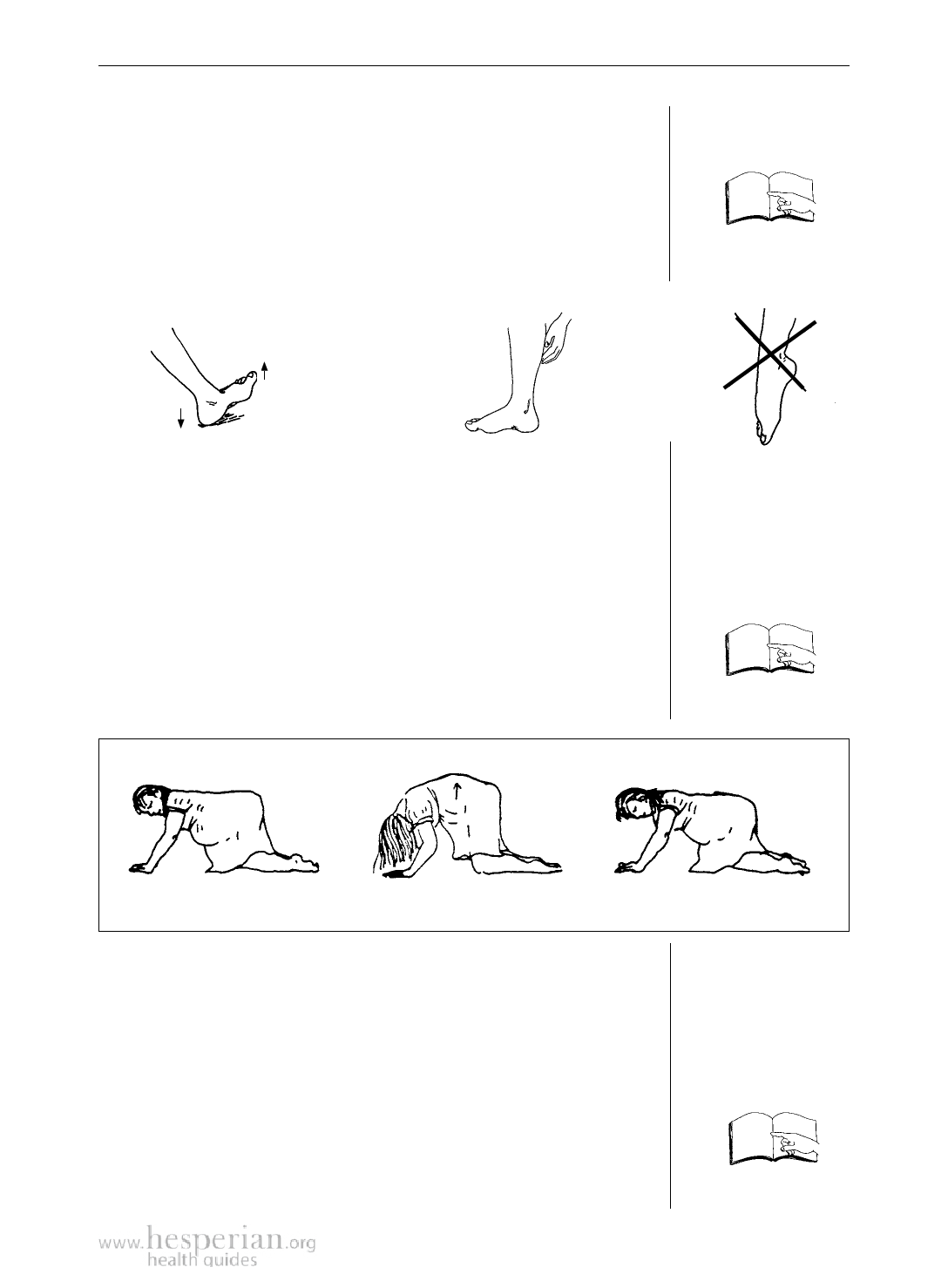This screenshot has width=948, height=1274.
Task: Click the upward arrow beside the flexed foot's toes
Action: tap(265, 370)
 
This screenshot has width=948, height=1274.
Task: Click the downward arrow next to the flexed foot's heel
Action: tap(181, 418)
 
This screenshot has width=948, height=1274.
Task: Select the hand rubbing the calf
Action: tap(553, 339)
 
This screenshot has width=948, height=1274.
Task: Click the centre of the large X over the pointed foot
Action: tap(769, 355)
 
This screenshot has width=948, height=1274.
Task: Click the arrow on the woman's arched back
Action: tap(457, 791)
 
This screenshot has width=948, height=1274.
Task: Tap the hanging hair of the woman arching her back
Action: tap(393, 844)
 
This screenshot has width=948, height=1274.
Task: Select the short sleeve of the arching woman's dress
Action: tap(423, 811)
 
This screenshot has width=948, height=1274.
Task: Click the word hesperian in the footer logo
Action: tap(215, 1239)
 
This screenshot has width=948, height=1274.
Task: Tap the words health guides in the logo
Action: tap(202, 1260)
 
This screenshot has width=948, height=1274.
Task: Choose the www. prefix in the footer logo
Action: tap(121, 1244)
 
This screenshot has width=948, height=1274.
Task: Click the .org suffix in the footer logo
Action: tap(301, 1244)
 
